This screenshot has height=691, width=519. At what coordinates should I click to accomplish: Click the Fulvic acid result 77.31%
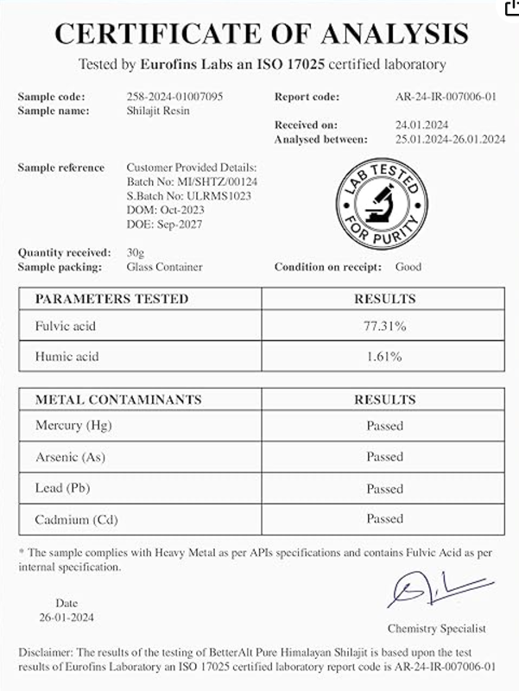(384, 327)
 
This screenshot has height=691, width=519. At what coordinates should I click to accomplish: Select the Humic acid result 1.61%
(384, 356)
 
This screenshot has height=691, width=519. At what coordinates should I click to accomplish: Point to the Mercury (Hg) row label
(73, 426)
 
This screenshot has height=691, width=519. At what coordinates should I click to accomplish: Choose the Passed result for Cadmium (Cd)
(384, 519)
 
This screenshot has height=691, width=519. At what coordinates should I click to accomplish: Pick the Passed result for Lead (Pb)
(384, 489)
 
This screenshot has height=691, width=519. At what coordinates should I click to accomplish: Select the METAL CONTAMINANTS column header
(118, 400)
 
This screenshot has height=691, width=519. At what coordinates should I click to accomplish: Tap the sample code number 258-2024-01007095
(174, 97)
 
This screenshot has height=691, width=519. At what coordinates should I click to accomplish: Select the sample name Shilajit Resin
(159, 111)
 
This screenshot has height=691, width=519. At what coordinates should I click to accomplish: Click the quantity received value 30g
(136, 253)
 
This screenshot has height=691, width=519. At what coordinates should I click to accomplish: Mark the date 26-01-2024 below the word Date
(66, 618)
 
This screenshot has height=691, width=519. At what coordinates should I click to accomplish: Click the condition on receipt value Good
(408, 267)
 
